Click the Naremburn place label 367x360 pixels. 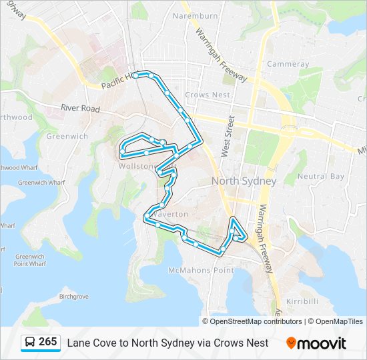[195, 15]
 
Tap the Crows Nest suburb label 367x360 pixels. [208, 95]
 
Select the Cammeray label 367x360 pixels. [288, 64]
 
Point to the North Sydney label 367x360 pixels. [244, 181]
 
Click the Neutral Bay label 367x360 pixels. [320, 177]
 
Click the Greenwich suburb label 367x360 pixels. [67, 136]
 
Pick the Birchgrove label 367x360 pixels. [74, 296]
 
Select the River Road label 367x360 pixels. [80, 108]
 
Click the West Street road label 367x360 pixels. [227, 136]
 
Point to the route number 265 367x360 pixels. [47, 342]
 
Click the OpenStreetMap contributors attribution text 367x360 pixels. [256, 321]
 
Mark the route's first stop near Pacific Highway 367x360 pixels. [135, 75]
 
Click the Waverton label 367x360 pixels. [171, 214]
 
